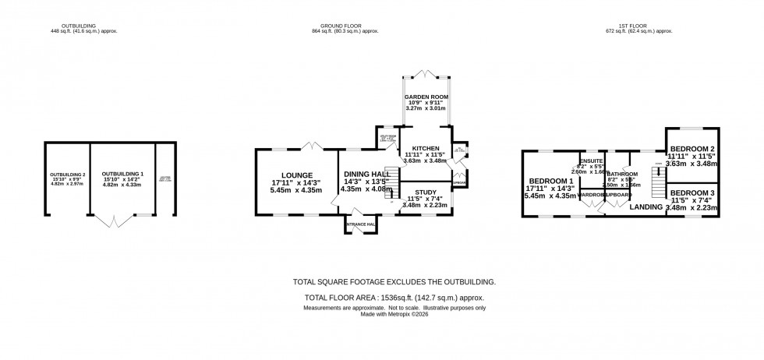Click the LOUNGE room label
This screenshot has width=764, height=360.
tap(297, 175)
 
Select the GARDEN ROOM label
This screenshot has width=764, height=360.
tap(425, 96)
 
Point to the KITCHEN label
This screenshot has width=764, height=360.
tap(426, 148)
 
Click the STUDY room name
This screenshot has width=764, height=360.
tap(426, 192)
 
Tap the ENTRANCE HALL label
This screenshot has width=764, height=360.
tap(361, 225)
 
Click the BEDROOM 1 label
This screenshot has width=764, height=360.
tap(551, 180)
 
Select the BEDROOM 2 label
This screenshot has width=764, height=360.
tap(692, 148)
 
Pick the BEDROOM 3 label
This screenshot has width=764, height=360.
tap(692, 192)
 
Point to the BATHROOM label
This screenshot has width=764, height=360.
tap(623, 174)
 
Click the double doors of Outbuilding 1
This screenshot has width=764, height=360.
tap(115, 222)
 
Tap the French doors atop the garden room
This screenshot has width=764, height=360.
tap(425, 73)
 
